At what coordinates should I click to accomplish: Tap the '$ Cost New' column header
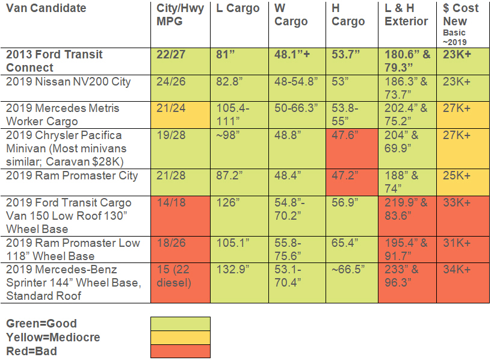pos(461,15)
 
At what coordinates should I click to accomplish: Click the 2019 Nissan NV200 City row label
pos(69,81)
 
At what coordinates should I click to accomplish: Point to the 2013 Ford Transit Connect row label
pos(55,61)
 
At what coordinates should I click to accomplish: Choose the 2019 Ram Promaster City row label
pos(72,176)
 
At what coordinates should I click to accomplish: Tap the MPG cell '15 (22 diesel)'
pos(179,276)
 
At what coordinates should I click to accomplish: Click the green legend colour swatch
pos(180,324)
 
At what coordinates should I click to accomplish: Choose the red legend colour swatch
pos(180,351)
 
